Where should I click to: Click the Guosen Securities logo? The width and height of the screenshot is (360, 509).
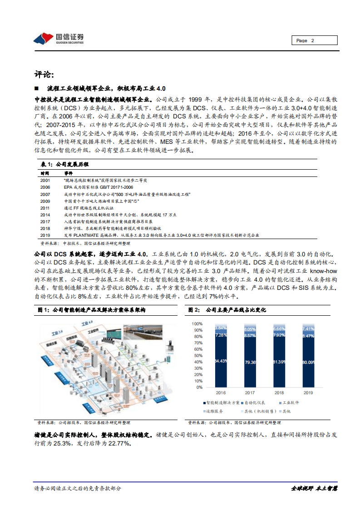click(59, 38)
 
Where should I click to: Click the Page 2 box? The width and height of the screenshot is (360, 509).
click(314, 40)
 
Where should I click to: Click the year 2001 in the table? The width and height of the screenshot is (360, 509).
click(45, 180)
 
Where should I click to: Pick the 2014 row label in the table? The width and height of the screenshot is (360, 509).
click(45, 214)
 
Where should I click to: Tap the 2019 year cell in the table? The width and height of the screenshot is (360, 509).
click(45, 235)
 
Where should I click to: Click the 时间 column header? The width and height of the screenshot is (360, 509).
click(44, 173)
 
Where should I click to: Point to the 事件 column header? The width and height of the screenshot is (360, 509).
click(68, 173)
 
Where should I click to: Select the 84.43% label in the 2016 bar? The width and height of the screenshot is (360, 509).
click(221, 360)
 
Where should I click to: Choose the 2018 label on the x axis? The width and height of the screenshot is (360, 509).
click(280, 392)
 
